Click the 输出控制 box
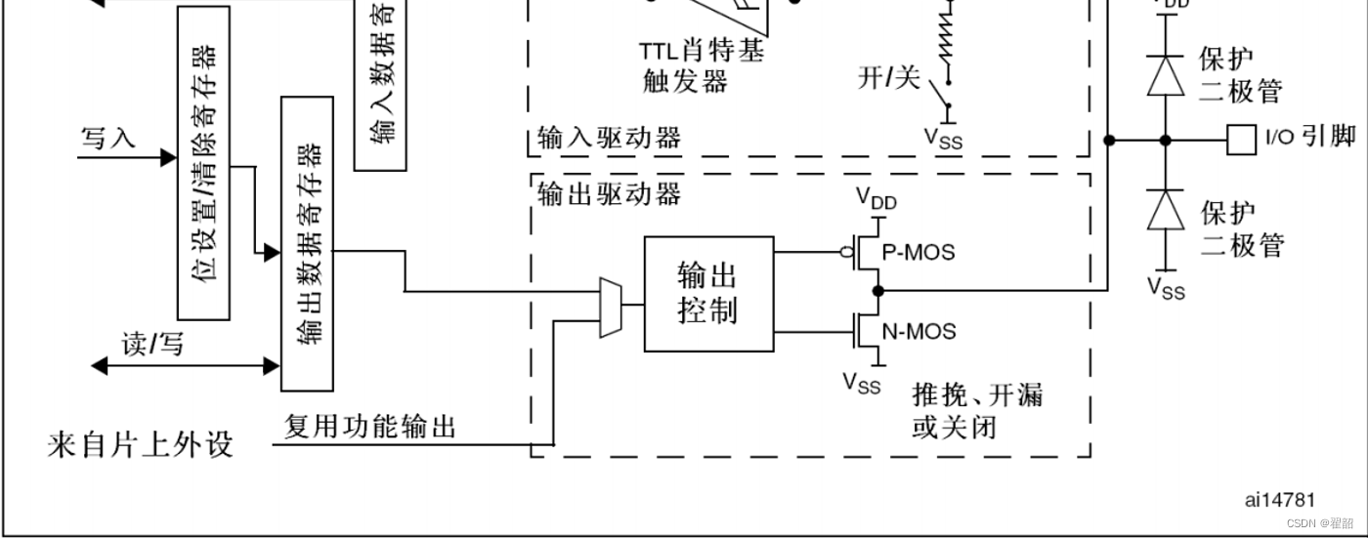click(x=708, y=293)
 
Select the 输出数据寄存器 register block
click(x=307, y=244)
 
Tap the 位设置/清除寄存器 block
click(x=204, y=163)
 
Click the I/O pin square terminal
click(x=1241, y=140)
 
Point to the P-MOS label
click(x=918, y=253)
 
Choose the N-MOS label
click(x=919, y=331)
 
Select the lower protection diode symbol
click(x=1165, y=210)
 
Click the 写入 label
click(x=107, y=138)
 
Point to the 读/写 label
click(x=151, y=344)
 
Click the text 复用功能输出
click(x=370, y=427)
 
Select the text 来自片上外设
click(x=141, y=445)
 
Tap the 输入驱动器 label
click(x=609, y=138)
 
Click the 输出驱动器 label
click(x=609, y=194)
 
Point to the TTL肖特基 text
click(x=702, y=51)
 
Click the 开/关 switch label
click(x=888, y=78)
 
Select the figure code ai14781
click(x=1279, y=500)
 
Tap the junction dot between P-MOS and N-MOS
click(x=877, y=290)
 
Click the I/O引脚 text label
click(x=1309, y=137)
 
